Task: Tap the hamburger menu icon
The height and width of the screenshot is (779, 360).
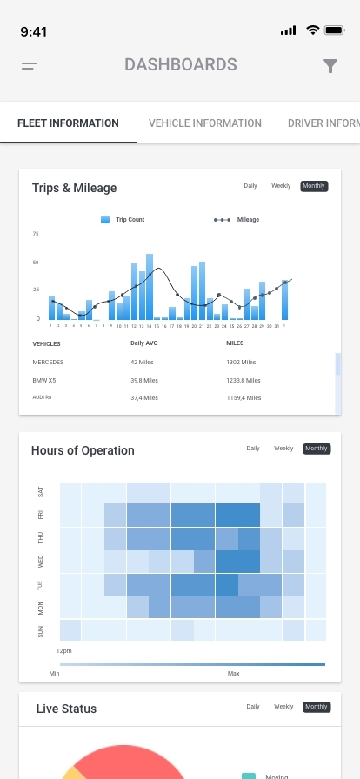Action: pyautogui.click(x=30, y=65)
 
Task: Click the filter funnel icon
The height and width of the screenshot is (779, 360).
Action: pyautogui.click(x=330, y=66)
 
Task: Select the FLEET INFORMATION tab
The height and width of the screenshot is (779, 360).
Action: pyautogui.click(x=68, y=123)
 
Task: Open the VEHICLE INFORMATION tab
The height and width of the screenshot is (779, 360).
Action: pyautogui.click(x=205, y=123)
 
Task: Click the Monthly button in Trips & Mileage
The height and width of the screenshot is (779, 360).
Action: pyautogui.click(x=314, y=186)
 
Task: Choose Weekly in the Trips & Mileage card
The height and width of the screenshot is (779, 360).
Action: pyautogui.click(x=281, y=186)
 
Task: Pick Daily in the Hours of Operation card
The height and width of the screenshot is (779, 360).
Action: pyautogui.click(x=253, y=449)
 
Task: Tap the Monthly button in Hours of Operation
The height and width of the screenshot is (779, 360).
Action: pyautogui.click(x=317, y=449)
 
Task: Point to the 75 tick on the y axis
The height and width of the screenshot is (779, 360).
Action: pyautogui.click(x=36, y=234)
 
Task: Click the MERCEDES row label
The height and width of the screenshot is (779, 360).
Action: pyautogui.click(x=48, y=362)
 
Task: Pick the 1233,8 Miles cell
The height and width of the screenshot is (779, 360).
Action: pyautogui.click(x=243, y=380)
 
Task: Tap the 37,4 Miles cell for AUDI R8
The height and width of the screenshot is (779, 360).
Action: pyautogui.click(x=144, y=397)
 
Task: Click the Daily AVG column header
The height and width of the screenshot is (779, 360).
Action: pyautogui.click(x=143, y=343)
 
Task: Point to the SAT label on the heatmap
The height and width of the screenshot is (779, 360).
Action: pyautogui.click(x=40, y=492)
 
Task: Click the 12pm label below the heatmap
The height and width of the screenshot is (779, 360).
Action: pyautogui.click(x=64, y=649)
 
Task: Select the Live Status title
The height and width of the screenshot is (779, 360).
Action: pyautogui.click(x=66, y=709)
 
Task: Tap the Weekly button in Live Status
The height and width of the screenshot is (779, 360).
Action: pyautogui.click(x=283, y=707)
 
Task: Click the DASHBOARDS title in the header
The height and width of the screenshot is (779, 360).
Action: pyautogui.click(x=180, y=65)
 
